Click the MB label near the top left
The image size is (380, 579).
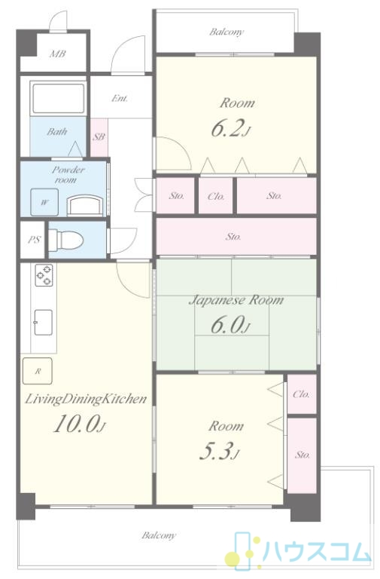point(57,54)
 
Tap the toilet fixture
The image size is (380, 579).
point(66,240)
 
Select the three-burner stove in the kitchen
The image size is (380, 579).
point(44,275)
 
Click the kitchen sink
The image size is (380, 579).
point(44,323)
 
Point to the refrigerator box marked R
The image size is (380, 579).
point(38,371)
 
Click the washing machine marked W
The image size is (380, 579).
point(44,202)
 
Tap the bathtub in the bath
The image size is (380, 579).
point(58,99)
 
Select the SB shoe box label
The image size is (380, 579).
point(99,137)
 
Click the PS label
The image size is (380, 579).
point(35,240)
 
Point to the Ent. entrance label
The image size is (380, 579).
point(120,99)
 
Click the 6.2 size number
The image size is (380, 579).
point(231,129)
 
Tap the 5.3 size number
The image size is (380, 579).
point(220,452)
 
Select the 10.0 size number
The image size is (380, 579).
point(80,424)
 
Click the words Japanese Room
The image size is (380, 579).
point(236,300)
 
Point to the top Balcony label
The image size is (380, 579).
point(226,32)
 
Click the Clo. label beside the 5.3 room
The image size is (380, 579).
point(302,394)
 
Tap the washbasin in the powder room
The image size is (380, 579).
point(85,206)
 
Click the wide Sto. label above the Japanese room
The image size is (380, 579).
point(234,236)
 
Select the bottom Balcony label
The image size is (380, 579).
point(159,535)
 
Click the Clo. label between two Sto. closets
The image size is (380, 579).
point(216,196)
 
